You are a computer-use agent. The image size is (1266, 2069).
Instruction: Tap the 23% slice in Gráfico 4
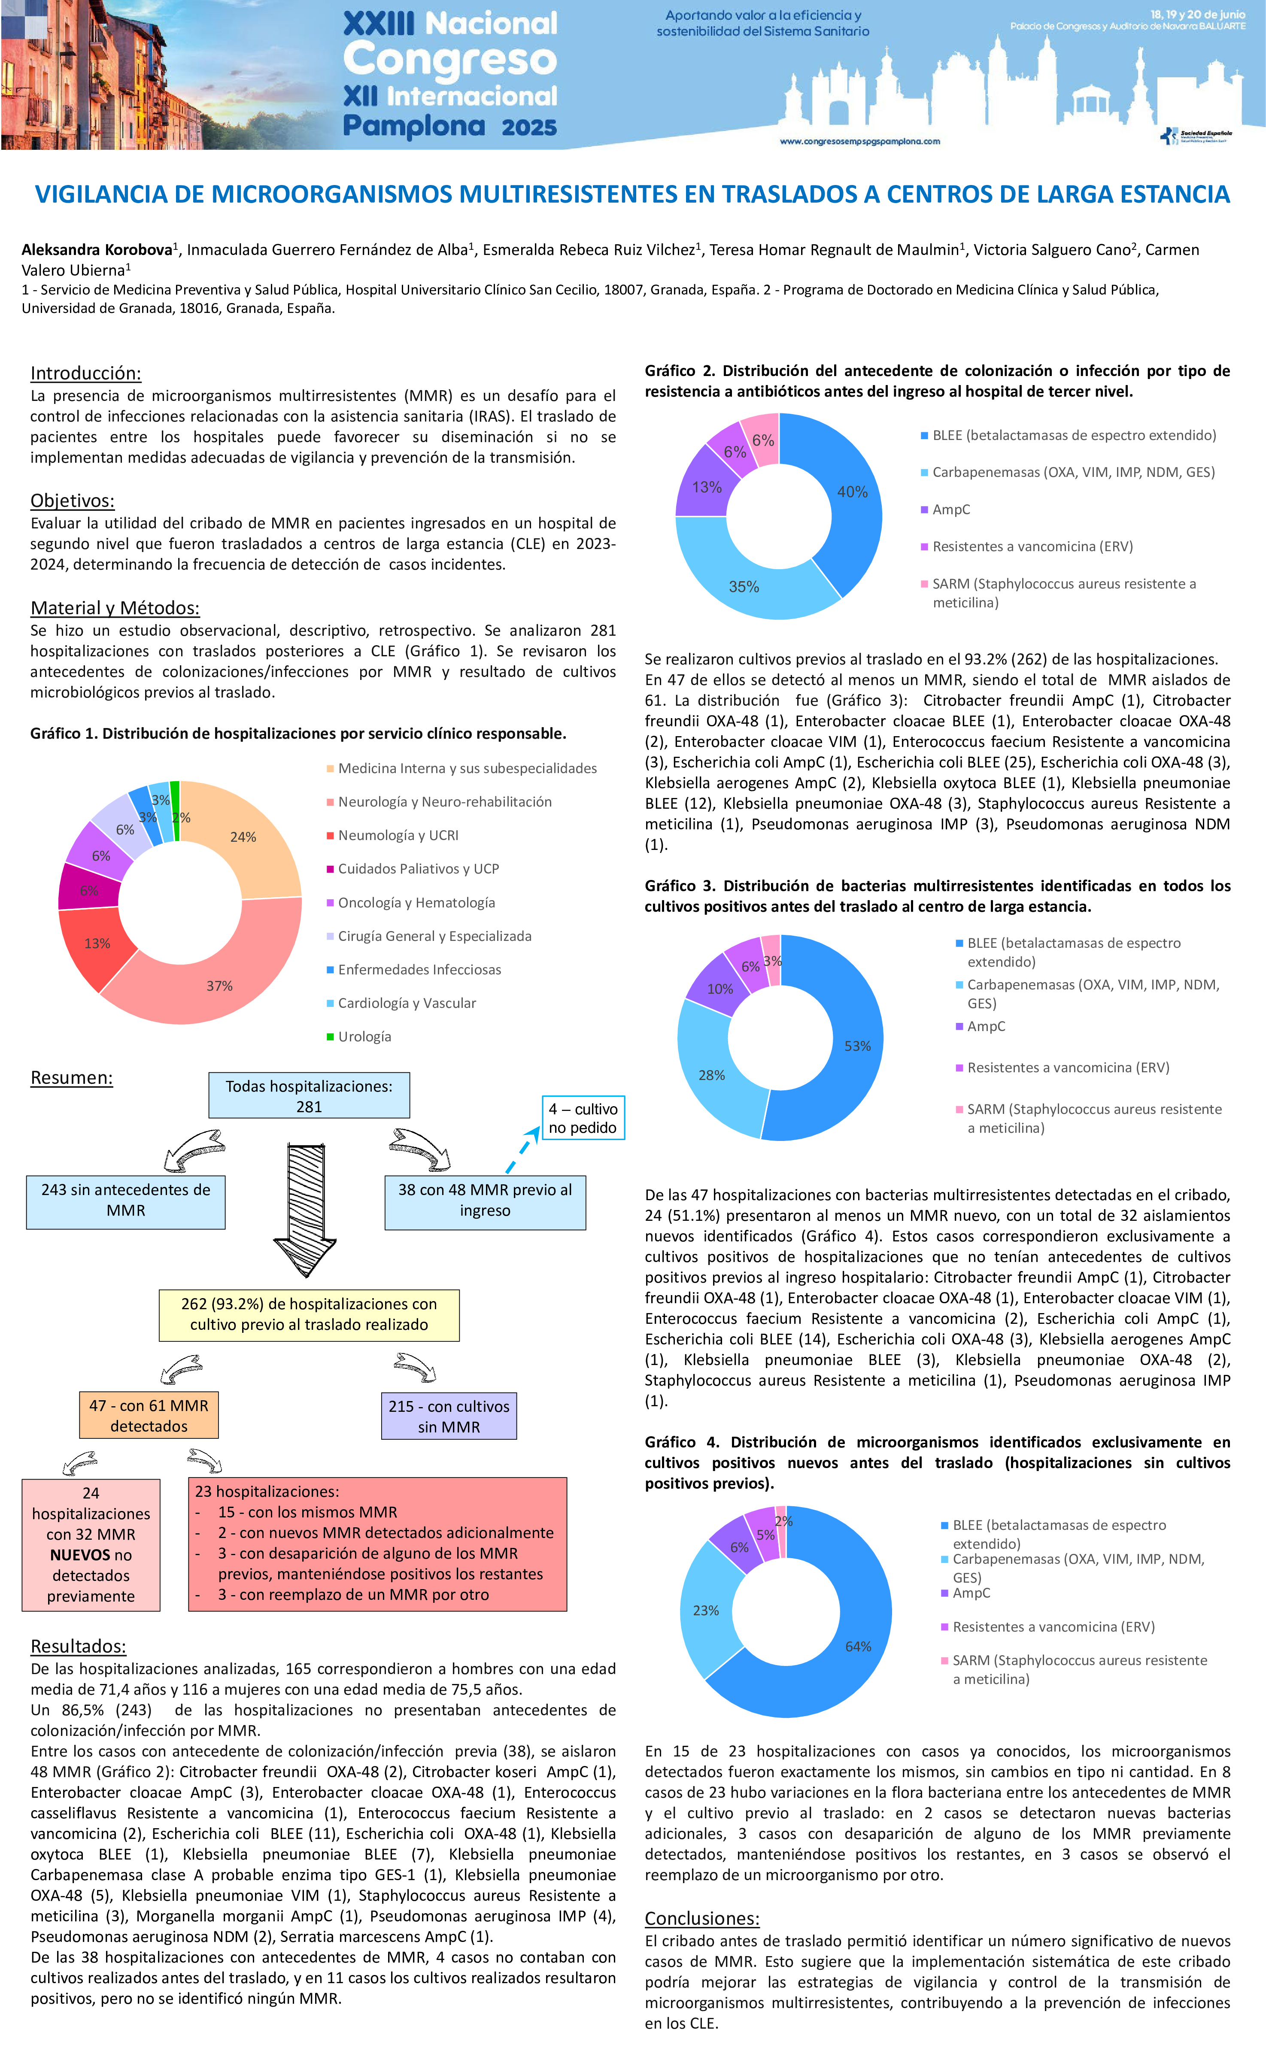pyautogui.click(x=705, y=1610)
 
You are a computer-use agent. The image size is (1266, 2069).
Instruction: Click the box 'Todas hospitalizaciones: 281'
pyautogui.click(x=309, y=1095)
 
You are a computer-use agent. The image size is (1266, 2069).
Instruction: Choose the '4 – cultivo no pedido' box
pyautogui.click(x=583, y=1118)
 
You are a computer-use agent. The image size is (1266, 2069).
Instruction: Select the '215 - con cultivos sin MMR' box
pyautogui.click(x=448, y=1416)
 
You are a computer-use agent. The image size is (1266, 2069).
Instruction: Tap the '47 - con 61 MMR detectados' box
pyautogui.click(x=149, y=1415)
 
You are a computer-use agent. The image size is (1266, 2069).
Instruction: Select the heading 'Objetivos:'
pyautogui.click(x=72, y=501)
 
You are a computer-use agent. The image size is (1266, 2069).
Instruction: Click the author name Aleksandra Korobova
pyautogui.click(x=97, y=249)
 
